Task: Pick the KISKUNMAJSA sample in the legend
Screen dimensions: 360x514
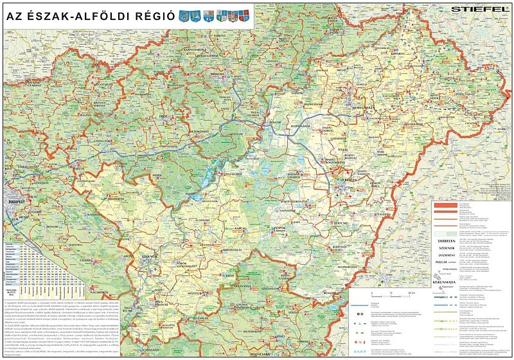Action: [447, 281]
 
